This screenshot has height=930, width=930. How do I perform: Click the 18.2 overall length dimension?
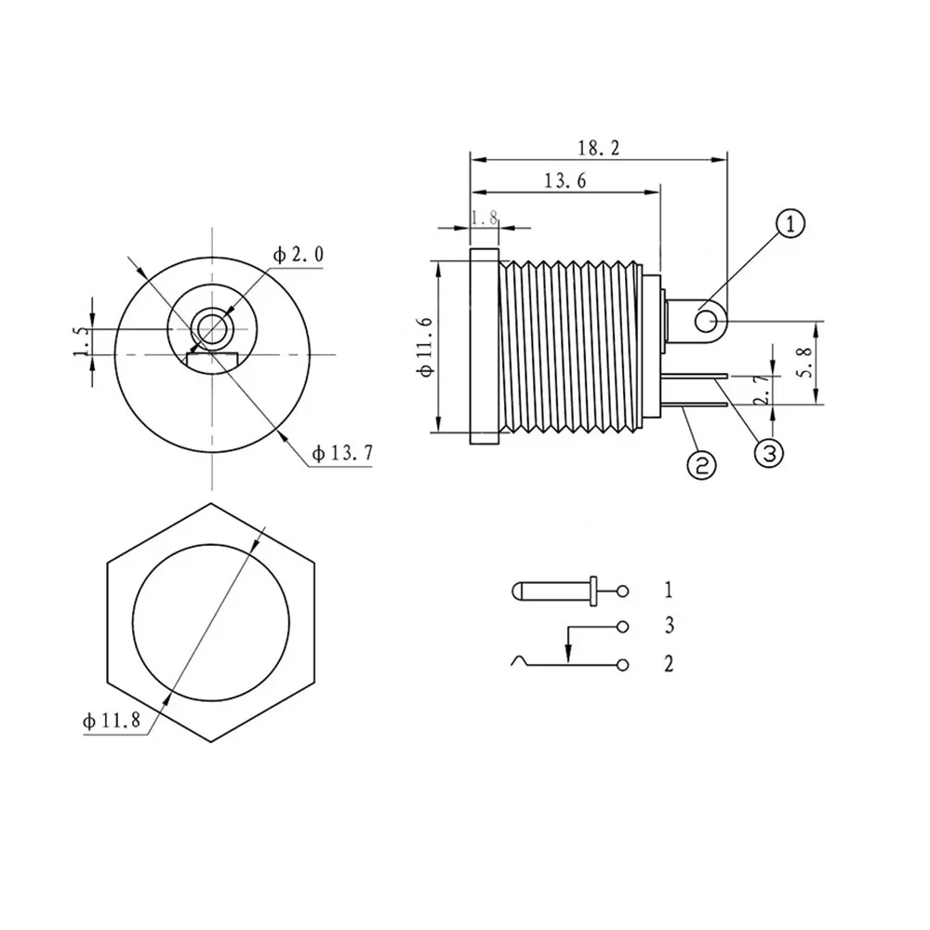tap(599, 148)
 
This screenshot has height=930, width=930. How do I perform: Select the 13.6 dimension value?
tap(564, 181)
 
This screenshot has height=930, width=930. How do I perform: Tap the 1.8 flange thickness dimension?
tap(485, 218)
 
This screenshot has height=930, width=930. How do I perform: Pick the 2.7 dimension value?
tap(762, 390)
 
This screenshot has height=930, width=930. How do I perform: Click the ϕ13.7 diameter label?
tap(343, 454)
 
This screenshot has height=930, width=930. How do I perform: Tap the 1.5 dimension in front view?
tap(81, 341)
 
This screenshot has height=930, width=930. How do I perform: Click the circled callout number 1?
tap(790, 224)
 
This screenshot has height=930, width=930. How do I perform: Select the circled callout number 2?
tap(702, 464)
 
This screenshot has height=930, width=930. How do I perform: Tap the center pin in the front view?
tap(212, 328)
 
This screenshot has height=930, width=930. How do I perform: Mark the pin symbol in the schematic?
tap(553, 590)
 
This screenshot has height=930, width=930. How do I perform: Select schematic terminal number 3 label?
tap(669, 626)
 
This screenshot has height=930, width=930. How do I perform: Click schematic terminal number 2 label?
tap(669, 663)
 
